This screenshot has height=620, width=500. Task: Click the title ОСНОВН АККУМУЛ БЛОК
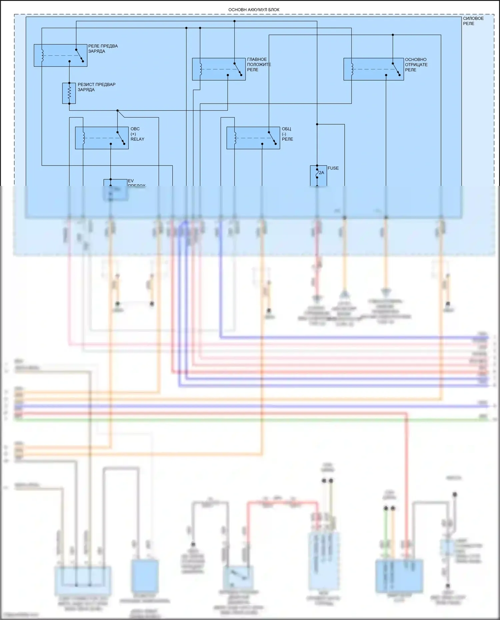pos(254,10)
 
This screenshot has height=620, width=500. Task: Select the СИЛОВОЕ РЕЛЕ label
pos(473,21)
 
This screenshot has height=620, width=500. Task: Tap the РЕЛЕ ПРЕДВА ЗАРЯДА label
pos(103,49)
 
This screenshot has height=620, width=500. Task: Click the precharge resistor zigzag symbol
pos(69,93)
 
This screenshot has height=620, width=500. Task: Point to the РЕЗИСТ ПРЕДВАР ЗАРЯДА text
pos(96,87)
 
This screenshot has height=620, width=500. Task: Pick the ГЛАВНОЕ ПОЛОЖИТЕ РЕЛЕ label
pos(259,65)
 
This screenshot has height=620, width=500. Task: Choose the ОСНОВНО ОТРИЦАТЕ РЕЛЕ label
pos(416,65)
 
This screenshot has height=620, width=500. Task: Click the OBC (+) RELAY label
pos(137,134)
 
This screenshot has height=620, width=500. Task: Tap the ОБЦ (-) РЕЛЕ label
pos(287,134)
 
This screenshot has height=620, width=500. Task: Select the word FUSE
pos(333,168)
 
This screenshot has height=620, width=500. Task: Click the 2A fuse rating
pos(321,173)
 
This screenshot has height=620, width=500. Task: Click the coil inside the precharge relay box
pos(42,55)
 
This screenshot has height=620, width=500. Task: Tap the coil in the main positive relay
pos(201,69)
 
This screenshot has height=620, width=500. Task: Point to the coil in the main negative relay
pos(352,69)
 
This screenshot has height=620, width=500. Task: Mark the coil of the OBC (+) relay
pos(84,138)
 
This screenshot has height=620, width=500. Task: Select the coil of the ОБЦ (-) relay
pos(235,138)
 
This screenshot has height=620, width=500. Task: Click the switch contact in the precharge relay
pos(80,55)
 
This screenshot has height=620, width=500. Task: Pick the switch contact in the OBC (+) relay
pos(121,138)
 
